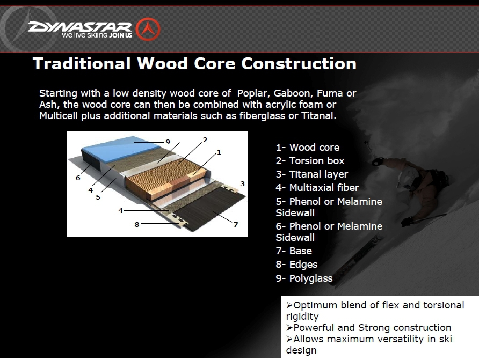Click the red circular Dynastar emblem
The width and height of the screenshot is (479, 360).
148,30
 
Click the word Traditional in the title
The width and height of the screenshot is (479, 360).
82,63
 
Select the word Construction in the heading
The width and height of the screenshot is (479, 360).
299,63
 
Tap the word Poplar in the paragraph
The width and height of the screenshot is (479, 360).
253,93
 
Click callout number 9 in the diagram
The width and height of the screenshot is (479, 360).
168,142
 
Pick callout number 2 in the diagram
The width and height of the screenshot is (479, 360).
205,139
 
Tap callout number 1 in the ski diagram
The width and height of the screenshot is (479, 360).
219,152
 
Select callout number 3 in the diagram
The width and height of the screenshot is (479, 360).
242,183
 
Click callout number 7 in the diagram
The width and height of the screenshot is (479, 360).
236,225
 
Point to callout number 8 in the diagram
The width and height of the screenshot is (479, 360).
137,225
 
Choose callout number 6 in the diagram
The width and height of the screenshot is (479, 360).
78,178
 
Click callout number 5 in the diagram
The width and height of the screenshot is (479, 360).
98,197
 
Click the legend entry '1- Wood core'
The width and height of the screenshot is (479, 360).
308,148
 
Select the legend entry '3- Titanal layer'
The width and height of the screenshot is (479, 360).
312,174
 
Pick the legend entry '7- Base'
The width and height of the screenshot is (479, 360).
294,251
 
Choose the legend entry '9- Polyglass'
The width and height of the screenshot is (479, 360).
304,278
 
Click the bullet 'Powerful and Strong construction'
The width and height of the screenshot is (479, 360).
369,328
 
